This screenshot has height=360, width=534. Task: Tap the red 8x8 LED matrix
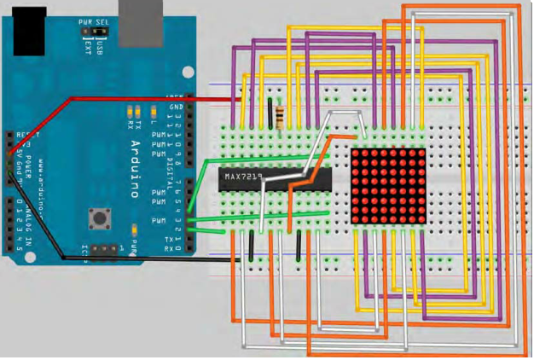pos(388,186)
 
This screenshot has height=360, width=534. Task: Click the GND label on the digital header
pos(177,107)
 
